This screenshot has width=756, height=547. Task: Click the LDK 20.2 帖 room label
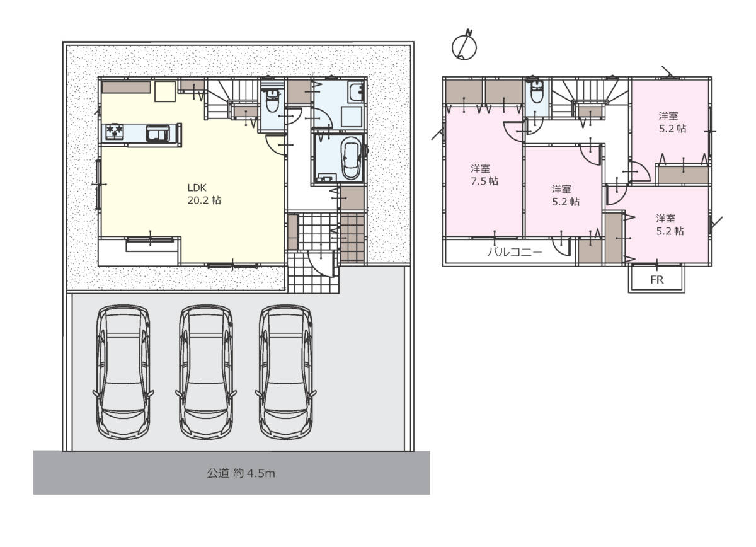(x=204, y=194)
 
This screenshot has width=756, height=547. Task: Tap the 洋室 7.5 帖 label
(x=484, y=175)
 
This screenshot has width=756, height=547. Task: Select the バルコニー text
(x=515, y=252)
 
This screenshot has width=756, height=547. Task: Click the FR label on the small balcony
(x=656, y=280)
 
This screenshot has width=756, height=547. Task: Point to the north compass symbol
(x=464, y=45)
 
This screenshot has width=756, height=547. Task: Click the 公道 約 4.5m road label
(x=241, y=473)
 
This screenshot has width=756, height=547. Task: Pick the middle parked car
(x=206, y=372)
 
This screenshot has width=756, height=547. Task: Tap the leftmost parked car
(x=123, y=372)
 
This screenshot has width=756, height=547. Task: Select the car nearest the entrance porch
(x=286, y=372)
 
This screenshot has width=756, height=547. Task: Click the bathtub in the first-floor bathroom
(x=351, y=158)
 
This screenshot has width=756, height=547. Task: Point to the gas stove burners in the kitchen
(x=115, y=131)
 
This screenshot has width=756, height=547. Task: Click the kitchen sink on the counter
(x=157, y=132)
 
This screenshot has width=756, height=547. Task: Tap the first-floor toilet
(x=272, y=101)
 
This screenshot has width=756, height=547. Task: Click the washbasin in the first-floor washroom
(x=356, y=91)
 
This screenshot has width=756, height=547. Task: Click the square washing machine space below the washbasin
(x=352, y=117)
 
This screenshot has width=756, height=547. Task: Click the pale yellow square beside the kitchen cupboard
(x=165, y=91)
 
